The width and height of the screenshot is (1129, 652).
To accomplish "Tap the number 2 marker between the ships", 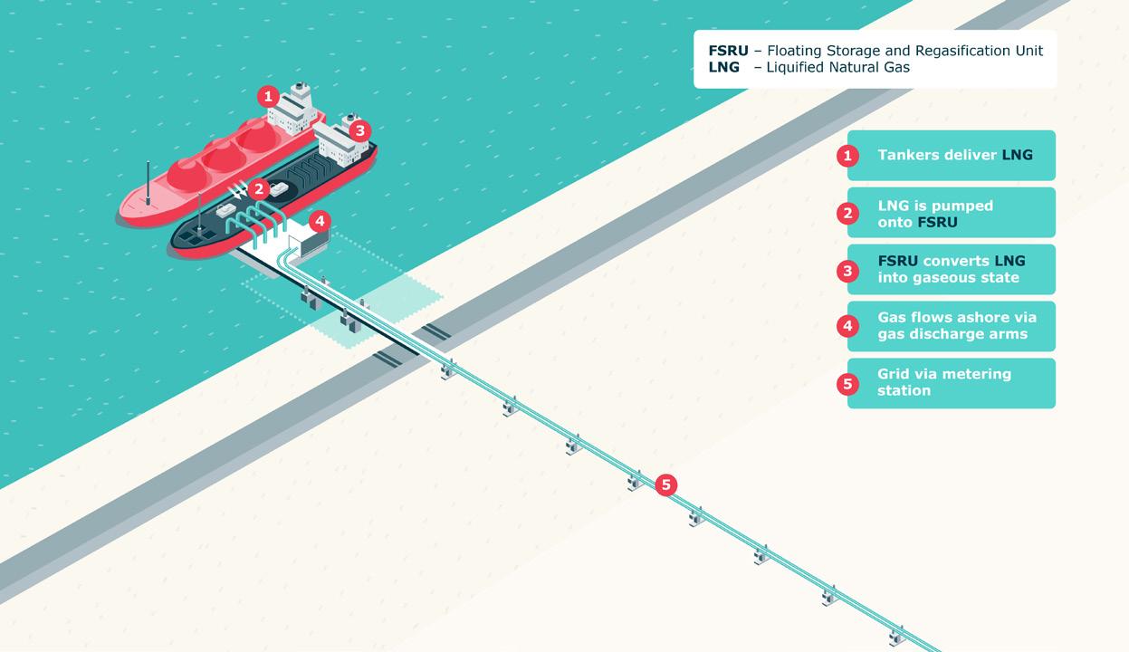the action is click(x=260, y=189).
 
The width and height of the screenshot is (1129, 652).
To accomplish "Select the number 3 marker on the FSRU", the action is click(x=359, y=130).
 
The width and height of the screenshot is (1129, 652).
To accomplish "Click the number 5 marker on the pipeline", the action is click(x=665, y=485).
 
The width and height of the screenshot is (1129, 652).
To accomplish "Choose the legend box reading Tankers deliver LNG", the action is click(x=952, y=156).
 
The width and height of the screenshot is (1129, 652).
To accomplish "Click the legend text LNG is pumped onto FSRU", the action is click(x=935, y=213).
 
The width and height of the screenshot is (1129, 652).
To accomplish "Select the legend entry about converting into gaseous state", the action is click(x=951, y=270).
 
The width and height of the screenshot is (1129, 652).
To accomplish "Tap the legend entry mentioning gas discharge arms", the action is click(x=956, y=326).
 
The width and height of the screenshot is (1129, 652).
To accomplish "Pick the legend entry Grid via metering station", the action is click(x=943, y=382).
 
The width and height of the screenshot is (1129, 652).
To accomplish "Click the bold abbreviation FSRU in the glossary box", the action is click(x=728, y=51).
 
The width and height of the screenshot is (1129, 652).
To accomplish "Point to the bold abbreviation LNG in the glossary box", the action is click(x=723, y=67).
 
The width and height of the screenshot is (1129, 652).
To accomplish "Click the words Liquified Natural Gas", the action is click(x=837, y=67).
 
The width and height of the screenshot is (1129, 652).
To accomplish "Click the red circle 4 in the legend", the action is click(x=847, y=326).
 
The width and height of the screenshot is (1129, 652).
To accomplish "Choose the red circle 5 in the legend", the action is click(x=847, y=383).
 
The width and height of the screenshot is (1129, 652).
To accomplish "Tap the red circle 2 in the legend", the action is click(x=847, y=213).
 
